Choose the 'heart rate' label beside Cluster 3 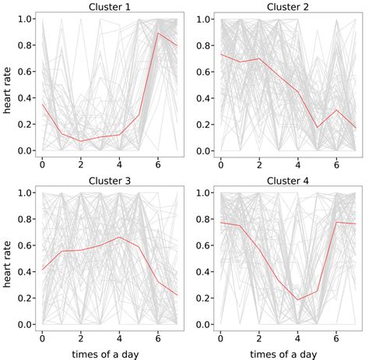8,259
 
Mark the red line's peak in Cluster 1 158,33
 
